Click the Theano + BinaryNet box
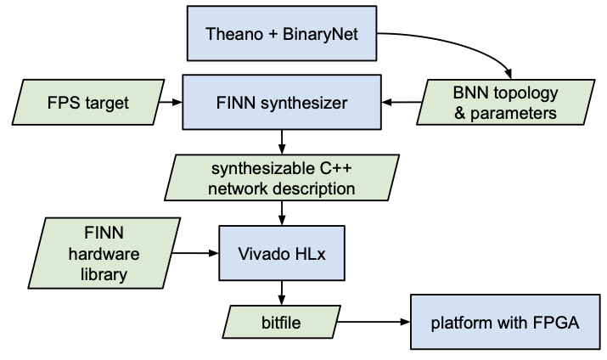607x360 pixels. click(x=282, y=33)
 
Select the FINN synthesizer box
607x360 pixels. click(x=282, y=102)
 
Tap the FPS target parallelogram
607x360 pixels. click(x=88, y=102)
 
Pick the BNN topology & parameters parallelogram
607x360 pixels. click(x=506, y=102)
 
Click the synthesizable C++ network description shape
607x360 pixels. click(x=282, y=177)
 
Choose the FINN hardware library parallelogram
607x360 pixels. click(x=104, y=253)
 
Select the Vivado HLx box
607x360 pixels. click(x=282, y=253)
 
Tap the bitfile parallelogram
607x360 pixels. click(x=282, y=322)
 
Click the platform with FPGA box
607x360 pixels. click(x=505, y=322)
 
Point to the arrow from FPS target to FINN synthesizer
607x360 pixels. click(x=171, y=102)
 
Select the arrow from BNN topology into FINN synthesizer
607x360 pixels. click(x=402, y=102)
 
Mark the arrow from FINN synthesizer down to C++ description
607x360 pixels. click(x=282, y=142)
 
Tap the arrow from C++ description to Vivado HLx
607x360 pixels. click(x=282, y=213)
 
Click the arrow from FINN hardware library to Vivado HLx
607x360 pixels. click(x=195, y=253)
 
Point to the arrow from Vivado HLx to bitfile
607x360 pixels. click(x=282, y=293)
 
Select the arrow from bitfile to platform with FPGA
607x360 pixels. click(x=374, y=322)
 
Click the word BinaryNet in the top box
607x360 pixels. click(x=321, y=34)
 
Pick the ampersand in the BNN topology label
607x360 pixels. click(x=460, y=114)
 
